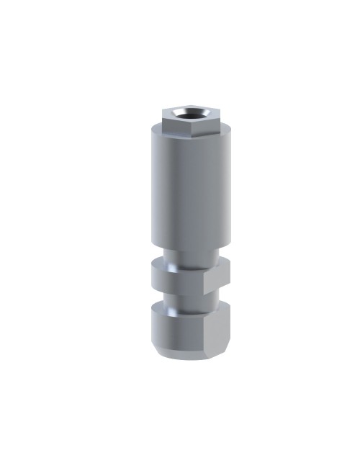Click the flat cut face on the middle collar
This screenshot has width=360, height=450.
point(216,279)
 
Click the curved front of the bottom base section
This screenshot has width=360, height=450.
point(176,328)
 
